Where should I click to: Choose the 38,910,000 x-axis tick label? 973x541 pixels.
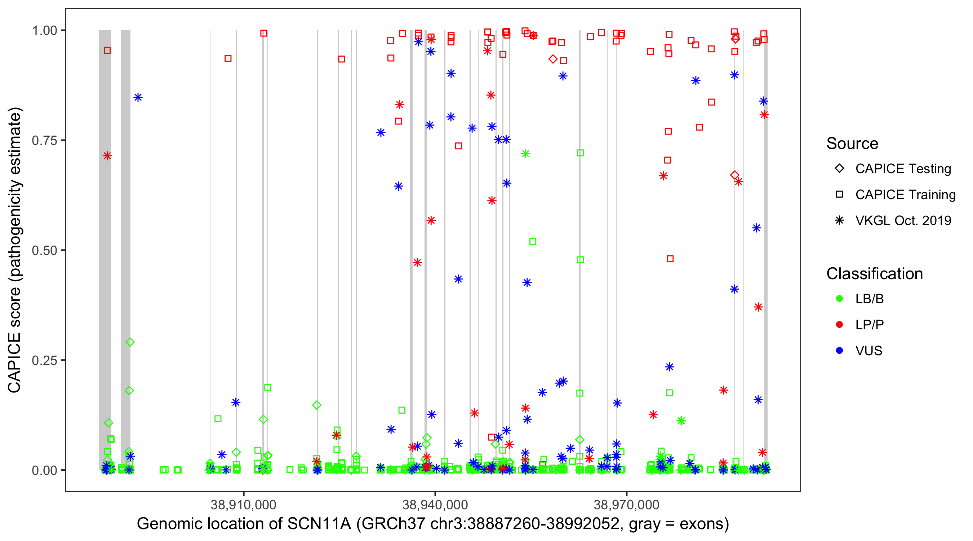pos(243,505)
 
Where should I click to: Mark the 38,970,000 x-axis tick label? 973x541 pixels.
pos(627,505)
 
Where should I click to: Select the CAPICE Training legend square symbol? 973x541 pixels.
pos(839,194)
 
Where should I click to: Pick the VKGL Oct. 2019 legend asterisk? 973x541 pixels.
pos(839,220)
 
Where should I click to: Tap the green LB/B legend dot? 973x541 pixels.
pos(839,299)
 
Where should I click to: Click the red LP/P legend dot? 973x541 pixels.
pos(839,325)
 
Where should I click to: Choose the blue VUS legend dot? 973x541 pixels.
pos(839,351)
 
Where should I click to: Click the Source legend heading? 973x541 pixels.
pos(852,144)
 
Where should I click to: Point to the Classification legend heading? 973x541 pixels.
pos(874,274)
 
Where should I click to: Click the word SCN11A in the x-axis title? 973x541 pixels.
pos(319,524)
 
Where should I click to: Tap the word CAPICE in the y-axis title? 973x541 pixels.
pos(14,362)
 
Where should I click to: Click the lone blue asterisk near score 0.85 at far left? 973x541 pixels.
pos(138,97)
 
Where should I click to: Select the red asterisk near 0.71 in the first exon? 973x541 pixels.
pos(107,156)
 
